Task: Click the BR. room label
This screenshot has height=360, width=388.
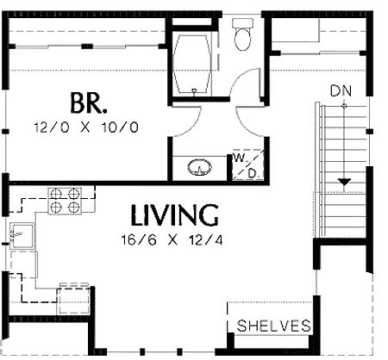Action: click(89, 103)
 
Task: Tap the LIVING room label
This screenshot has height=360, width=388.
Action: click(174, 214)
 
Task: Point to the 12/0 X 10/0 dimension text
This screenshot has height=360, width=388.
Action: click(86, 127)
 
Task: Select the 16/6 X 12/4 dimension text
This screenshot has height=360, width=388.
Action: click(172, 239)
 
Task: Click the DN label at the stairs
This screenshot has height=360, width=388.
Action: click(341, 91)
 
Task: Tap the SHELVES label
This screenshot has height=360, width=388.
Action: click(273, 326)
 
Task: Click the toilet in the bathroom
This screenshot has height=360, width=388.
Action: click(243, 35)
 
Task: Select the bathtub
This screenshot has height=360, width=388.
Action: click(192, 64)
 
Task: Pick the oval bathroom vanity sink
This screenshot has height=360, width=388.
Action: click(200, 167)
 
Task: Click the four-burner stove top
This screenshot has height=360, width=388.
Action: click(65, 201)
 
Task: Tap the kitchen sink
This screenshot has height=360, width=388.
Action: click(22, 236)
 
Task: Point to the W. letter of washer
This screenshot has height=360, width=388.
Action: click(239, 158)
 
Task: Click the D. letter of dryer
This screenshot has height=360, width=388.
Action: click(252, 173)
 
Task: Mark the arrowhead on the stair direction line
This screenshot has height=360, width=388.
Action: click(344, 182)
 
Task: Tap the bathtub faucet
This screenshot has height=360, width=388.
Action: click(194, 90)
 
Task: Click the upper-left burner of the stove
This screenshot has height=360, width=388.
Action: click(56, 194)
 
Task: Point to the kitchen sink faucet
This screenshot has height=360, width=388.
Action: click(16, 234)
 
